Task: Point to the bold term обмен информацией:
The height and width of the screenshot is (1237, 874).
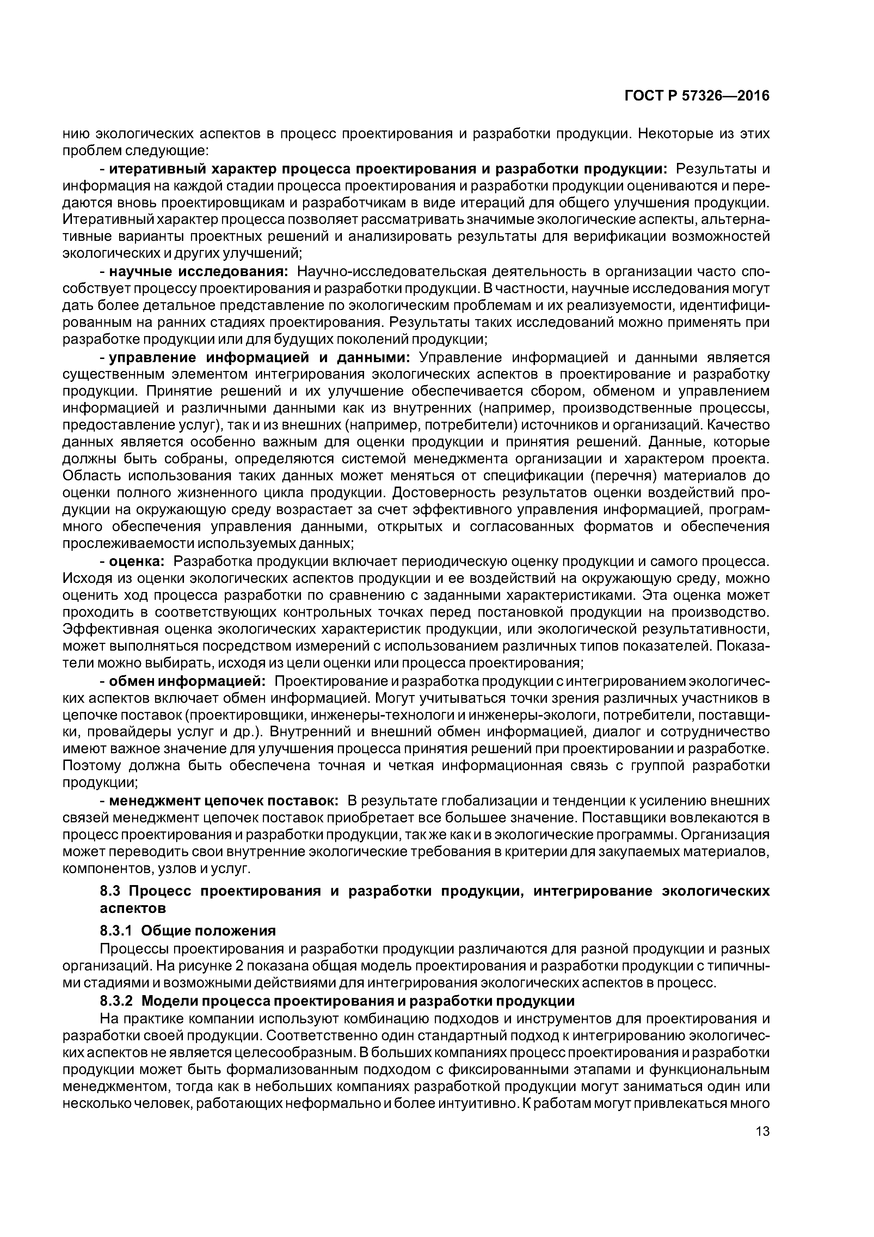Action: point(187,682)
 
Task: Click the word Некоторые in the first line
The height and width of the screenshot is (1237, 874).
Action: point(674,134)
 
